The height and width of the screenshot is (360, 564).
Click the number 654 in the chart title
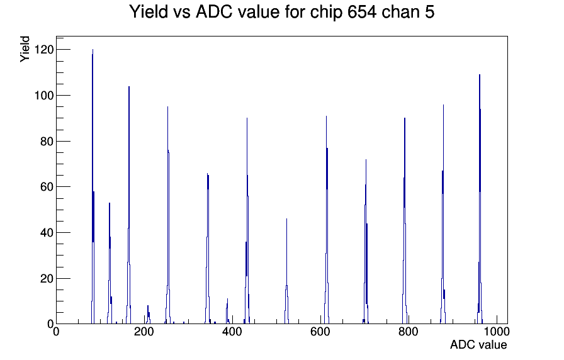click(x=362, y=11)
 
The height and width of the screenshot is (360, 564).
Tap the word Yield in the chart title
click(x=148, y=11)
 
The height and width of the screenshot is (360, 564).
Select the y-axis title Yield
click(x=25, y=49)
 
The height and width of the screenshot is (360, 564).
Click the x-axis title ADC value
click(x=478, y=344)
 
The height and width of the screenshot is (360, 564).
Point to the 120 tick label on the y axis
click(x=44, y=49)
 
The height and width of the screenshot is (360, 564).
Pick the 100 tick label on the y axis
click(x=44, y=95)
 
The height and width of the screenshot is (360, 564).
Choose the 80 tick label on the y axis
click(x=47, y=142)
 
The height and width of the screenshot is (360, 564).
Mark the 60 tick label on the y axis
click(x=47, y=187)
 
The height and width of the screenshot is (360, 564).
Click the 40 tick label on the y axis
click(x=47, y=233)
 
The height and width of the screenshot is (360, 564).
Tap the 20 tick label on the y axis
click(x=47, y=278)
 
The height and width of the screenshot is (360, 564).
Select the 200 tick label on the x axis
click(x=144, y=332)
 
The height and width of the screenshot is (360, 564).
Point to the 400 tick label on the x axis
click(x=232, y=332)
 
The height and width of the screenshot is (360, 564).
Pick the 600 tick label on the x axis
click(x=320, y=332)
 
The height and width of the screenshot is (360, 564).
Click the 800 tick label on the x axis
click(x=409, y=332)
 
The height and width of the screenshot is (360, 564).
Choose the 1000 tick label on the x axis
click(x=497, y=332)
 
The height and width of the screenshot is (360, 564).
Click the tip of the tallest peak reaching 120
click(x=93, y=50)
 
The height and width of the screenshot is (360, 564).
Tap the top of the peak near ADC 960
click(x=480, y=75)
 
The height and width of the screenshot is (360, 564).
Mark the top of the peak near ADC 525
click(x=286, y=218)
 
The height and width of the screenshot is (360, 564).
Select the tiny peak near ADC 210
click(x=148, y=306)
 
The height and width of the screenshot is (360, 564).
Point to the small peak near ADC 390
click(x=228, y=299)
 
